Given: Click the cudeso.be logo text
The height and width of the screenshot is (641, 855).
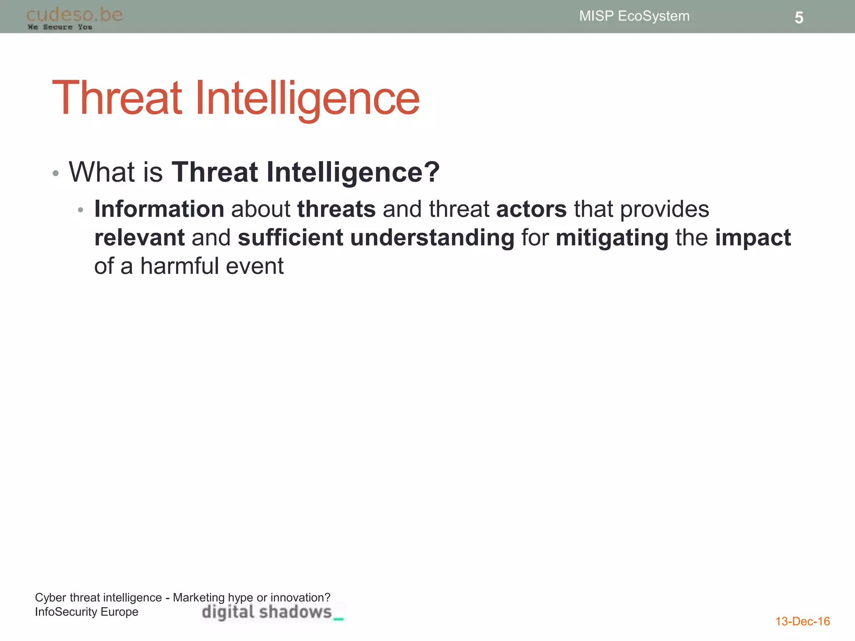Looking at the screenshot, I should [74, 15].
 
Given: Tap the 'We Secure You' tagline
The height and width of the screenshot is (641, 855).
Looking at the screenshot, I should [60, 27].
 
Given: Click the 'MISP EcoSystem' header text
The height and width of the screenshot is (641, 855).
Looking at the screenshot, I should [634, 16].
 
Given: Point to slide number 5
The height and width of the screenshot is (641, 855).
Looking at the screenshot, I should [799, 18].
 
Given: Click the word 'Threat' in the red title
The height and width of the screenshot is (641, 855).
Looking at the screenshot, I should [117, 98].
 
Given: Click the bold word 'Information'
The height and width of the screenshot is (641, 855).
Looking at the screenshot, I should [159, 209].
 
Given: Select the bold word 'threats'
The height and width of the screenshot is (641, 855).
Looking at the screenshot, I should [336, 209].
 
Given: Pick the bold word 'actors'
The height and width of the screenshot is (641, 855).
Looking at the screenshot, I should [531, 209].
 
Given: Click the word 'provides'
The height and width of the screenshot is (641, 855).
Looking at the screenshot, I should [664, 209].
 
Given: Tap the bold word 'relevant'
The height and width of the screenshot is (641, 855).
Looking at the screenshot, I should [139, 237].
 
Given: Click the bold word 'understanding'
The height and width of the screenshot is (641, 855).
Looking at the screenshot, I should [432, 238].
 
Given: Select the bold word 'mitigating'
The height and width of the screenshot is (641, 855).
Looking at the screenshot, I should [612, 238].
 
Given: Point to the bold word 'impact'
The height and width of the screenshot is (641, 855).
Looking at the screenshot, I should [752, 238].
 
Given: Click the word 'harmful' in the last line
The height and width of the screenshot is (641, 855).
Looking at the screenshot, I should [179, 266].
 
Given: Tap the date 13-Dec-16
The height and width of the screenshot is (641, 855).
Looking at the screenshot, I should [802, 621].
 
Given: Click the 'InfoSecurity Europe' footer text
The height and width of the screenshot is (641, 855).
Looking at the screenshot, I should [86, 612].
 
